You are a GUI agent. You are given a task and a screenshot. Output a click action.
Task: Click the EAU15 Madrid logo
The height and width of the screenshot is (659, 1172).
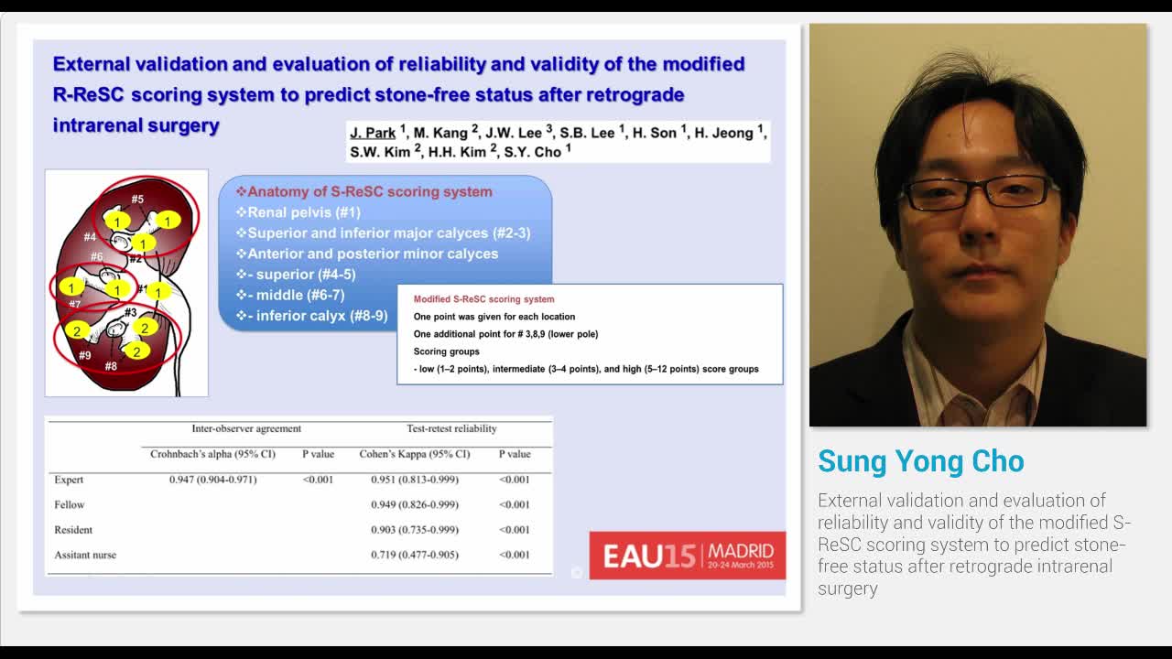(687, 555)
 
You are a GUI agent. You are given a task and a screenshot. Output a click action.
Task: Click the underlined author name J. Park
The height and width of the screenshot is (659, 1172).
(372, 133)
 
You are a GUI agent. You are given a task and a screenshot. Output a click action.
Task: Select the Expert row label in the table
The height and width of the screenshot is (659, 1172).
(69, 480)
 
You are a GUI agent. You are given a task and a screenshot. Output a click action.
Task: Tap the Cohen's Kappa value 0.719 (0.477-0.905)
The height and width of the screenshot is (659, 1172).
(415, 555)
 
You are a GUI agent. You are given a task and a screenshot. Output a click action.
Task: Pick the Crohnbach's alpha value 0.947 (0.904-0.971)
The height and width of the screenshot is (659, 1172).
(212, 480)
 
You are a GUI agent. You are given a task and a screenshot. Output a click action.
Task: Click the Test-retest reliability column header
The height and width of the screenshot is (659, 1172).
(451, 428)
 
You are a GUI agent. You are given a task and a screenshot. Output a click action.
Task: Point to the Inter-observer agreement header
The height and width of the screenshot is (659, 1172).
(245, 428)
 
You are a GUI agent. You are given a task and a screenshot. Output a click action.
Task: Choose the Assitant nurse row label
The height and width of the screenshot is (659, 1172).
(85, 555)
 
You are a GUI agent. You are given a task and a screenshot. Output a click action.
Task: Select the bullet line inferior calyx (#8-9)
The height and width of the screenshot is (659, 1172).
(320, 316)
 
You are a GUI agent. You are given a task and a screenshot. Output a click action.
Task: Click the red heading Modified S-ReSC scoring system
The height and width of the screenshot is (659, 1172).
(483, 299)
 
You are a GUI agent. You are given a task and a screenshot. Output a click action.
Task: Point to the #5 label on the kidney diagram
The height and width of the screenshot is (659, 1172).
(137, 199)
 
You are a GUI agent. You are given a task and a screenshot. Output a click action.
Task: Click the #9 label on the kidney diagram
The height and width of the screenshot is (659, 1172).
(84, 355)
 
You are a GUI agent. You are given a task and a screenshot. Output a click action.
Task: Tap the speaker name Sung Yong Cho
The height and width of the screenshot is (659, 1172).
(920, 461)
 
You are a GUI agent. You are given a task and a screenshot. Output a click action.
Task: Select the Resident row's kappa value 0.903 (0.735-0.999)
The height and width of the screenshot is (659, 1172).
(415, 530)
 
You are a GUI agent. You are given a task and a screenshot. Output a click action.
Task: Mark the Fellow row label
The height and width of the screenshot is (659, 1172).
(69, 504)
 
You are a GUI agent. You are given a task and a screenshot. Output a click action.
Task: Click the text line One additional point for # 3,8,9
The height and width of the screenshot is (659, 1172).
(505, 334)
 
